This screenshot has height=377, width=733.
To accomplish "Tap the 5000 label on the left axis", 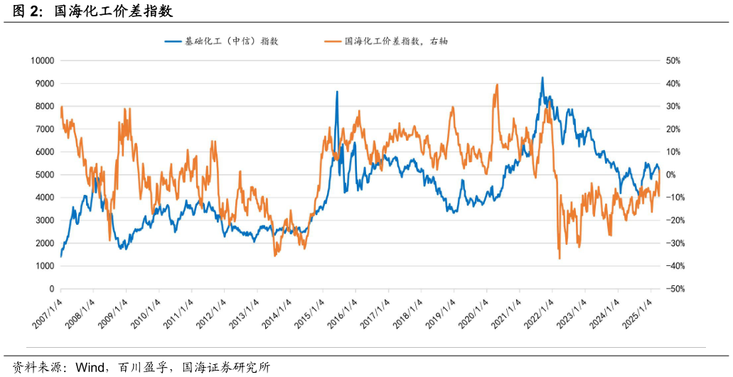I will (x=45, y=175).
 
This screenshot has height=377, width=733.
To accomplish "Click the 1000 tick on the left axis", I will (x=45, y=266).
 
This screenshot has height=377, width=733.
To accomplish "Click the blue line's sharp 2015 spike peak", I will (x=337, y=92).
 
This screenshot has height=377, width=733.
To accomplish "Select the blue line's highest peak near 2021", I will (x=542, y=78).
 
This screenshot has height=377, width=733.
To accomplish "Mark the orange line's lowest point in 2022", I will (x=560, y=258).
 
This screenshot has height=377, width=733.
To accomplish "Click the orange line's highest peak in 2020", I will (x=496, y=85).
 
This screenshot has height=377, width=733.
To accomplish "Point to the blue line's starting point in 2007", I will (x=61, y=256).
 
